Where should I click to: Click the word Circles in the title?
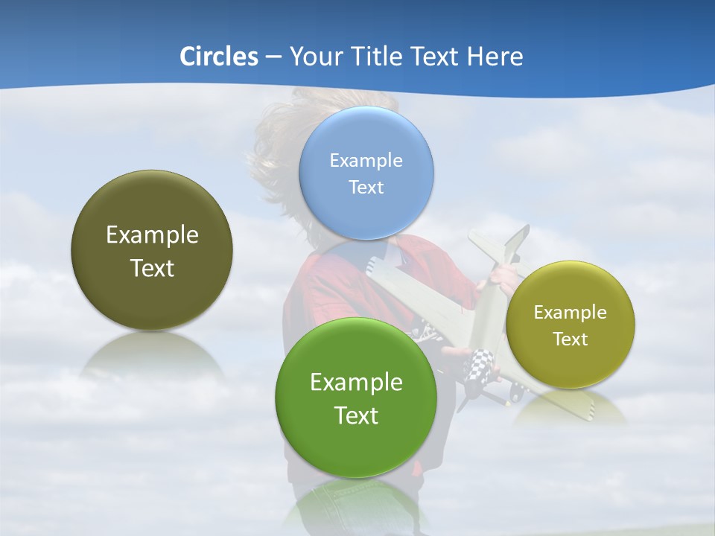click(218, 57)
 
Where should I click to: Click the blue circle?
click(366, 173)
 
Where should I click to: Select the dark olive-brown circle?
click(152, 250)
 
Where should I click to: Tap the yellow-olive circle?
click(571, 325)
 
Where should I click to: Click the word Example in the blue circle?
click(366, 160)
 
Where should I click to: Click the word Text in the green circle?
click(356, 415)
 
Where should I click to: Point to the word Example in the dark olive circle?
click(152, 235)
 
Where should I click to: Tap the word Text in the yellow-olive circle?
click(571, 339)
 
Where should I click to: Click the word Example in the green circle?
click(356, 383)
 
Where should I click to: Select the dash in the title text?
click(273, 57)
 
